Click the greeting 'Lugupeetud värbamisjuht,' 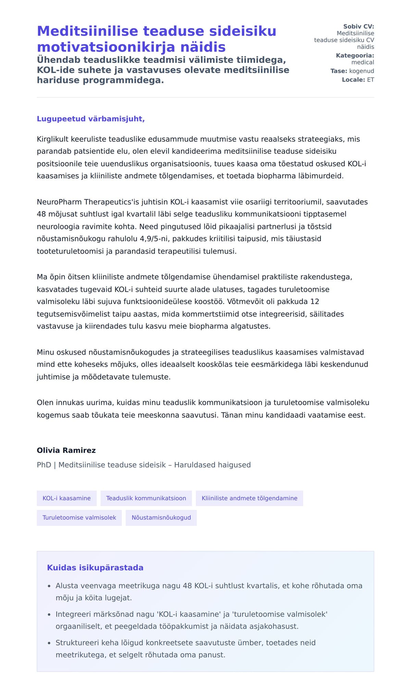[x=91, y=119]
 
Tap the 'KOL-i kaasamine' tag [x=66, y=498]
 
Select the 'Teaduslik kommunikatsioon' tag [x=146, y=498]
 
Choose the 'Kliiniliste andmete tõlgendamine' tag [x=249, y=498]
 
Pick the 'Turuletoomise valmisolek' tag [x=79, y=517]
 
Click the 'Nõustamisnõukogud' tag [x=161, y=517]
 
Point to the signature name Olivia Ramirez [x=66, y=450]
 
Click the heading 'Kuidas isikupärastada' [x=95, y=568]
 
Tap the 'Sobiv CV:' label [x=359, y=26]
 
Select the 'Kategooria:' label [x=355, y=55]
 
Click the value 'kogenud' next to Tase [x=362, y=71]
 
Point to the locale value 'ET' [x=371, y=80]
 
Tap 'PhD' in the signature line [x=44, y=465]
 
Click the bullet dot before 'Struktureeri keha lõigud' [x=49, y=643]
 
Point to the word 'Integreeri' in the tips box [x=71, y=614]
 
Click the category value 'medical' [x=363, y=62]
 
